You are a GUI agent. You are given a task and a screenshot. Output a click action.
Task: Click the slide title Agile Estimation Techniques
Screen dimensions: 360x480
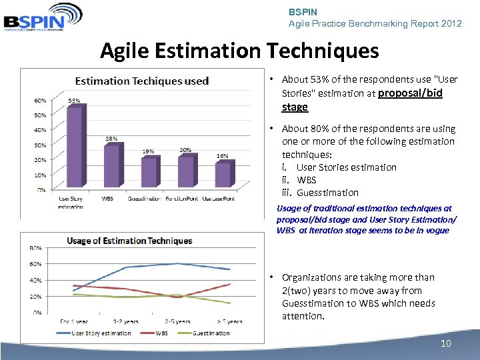pos(239,51)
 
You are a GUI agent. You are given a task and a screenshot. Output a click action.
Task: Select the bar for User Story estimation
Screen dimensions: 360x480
pos(74,148)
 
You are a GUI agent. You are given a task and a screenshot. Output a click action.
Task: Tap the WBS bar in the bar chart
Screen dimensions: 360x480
pos(111,167)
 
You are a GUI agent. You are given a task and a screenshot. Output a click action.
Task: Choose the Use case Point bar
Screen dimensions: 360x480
pos(223,175)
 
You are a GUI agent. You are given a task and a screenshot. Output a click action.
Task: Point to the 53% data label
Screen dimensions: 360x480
pos(74,101)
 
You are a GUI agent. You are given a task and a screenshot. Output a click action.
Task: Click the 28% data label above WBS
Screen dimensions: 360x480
pos(111,139)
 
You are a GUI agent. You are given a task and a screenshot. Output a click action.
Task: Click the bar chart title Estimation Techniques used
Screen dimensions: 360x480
pos(141,81)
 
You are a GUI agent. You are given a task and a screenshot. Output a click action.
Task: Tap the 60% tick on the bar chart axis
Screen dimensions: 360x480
pos(41,101)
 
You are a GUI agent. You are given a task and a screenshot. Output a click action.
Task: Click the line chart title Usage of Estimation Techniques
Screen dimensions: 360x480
pos(129,241)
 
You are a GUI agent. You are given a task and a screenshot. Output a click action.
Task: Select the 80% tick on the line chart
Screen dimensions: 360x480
pos(35,248)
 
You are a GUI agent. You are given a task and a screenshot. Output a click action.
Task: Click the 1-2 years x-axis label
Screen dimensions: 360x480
pos(126,321)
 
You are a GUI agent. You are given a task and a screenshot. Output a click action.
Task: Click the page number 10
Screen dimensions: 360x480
pos(446,343)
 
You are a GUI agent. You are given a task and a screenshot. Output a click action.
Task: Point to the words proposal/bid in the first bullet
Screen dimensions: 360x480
pos(410,93)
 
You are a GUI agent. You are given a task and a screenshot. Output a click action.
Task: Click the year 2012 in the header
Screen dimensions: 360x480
pos(451,23)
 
